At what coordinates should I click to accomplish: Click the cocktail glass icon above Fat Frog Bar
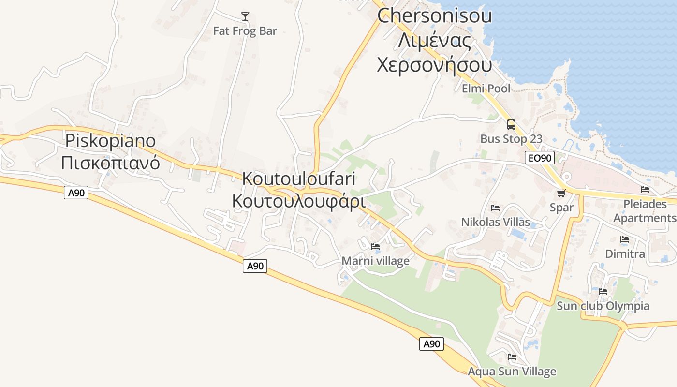(245, 16)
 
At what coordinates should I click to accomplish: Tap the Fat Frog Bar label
(245, 31)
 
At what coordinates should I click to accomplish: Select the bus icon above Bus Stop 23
(511, 125)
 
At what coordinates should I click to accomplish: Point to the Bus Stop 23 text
(511, 139)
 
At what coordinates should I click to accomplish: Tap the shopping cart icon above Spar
(561, 193)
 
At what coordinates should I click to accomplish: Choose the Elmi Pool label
(486, 89)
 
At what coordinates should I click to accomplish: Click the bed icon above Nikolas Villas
(495, 208)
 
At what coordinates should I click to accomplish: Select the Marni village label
(375, 261)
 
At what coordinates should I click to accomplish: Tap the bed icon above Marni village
(375, 247)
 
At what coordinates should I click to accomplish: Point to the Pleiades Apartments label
(645, 211)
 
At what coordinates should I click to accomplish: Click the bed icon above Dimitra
(625, 239)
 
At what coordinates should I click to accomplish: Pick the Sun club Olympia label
(603, 306)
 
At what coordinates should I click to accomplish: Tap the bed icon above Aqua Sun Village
(512, 357)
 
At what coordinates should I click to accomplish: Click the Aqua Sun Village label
(512, 372)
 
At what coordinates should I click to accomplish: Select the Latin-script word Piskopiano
(111, 141)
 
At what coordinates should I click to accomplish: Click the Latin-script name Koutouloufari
(299, 179)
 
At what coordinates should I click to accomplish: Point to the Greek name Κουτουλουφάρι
(298, 200)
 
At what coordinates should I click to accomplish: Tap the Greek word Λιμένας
(434, 41)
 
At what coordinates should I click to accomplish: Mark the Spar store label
(561, 208)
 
